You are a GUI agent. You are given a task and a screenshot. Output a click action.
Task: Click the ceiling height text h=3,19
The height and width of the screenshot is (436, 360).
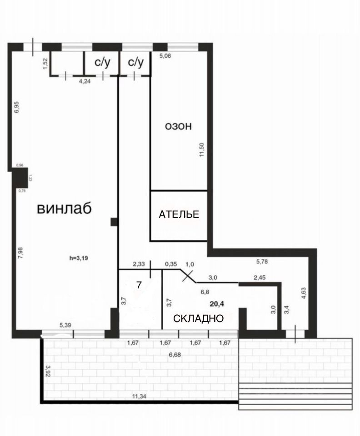point(79,258)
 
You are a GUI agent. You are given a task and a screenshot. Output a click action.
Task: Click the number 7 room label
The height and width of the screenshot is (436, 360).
point(139,285)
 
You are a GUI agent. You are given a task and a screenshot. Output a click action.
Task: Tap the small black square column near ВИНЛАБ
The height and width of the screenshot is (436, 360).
point(114,222)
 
